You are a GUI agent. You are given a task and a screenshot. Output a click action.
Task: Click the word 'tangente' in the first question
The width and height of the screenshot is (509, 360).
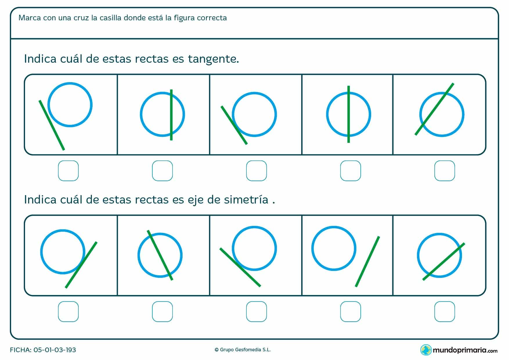click(x=213, y=59)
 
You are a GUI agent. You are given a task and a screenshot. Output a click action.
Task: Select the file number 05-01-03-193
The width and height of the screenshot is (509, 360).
click(x=55, y=350)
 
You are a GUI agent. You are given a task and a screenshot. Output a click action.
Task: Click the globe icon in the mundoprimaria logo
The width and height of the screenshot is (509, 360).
click(x=426, y=350)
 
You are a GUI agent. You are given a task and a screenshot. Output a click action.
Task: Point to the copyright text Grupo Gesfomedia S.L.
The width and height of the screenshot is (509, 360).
click(x=243, y=350)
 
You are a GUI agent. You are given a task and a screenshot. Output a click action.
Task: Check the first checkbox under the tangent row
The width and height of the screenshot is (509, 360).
click(x=68, y=171)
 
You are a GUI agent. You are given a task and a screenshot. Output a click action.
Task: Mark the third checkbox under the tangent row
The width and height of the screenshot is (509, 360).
click(x=256, y=171)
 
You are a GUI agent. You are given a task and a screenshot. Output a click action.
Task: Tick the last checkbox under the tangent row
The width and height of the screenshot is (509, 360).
click(x=444, y=171)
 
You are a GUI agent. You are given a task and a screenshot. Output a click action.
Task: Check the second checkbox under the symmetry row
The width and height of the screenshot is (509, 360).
click(x=162, y=312)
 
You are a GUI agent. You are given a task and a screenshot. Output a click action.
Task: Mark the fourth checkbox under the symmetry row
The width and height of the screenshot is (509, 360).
click(x=350, y=312)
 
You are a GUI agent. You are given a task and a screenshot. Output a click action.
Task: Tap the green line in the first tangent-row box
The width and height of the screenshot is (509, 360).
click(x=52, y=125)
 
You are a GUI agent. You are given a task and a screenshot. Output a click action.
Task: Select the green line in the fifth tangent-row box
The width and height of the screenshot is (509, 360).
click(x=434, y=109)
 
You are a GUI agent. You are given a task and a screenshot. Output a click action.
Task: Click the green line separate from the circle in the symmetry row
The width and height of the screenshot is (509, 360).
click(x=367, y=261)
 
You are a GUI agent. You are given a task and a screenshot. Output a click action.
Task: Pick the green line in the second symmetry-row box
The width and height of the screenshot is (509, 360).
click(x=160, y=255)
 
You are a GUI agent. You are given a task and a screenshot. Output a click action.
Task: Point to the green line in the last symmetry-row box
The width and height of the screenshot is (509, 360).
click(x=444, y=261)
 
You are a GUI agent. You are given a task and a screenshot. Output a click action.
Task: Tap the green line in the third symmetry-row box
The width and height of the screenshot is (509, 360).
click(x=240, y=267)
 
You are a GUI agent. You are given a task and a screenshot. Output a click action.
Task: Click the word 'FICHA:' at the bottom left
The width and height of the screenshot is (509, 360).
click(x=20, y=350)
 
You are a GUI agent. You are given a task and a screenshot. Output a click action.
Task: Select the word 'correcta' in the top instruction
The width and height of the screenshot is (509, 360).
click(x=212, y=18)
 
